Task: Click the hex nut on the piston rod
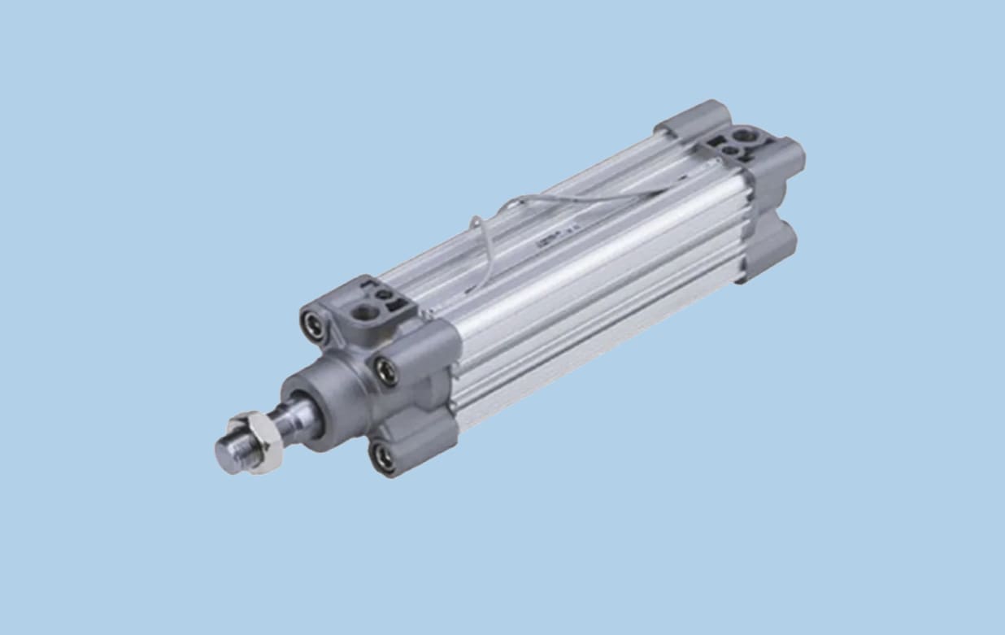click(258, 442)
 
